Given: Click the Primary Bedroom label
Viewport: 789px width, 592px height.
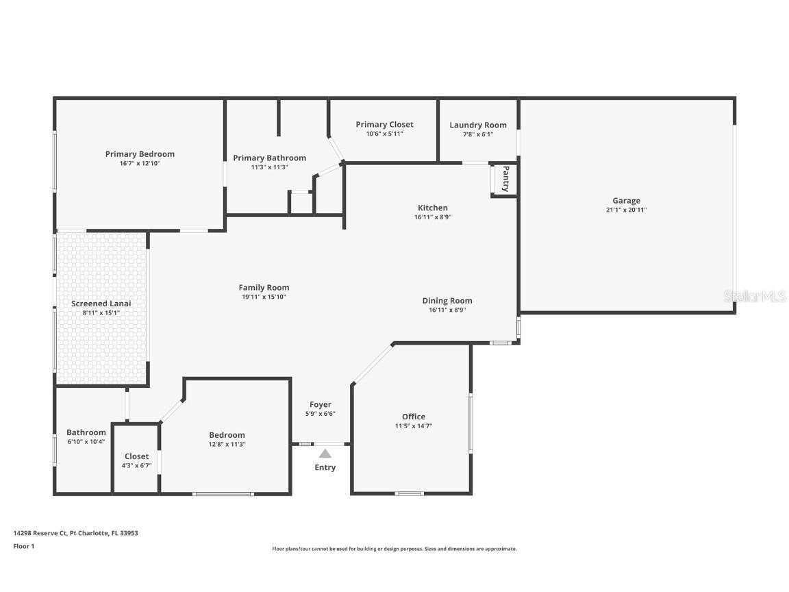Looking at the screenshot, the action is tap(140, 154).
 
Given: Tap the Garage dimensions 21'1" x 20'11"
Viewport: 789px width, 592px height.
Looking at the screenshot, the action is tap(627, 210).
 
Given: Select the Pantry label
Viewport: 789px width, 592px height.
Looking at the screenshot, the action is tap(505, 178).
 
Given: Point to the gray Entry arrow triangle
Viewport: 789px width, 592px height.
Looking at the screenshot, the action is tap(325, 453).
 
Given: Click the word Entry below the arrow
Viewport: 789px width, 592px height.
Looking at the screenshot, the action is tap(325, 467).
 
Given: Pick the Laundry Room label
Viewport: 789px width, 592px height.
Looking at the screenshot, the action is tap(478, 125).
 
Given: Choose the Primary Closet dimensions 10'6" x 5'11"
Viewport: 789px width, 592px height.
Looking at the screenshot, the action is tap(385, 134).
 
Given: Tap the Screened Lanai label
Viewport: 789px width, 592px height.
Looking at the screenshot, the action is tap(101, 304).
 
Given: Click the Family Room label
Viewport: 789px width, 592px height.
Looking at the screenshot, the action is tap(264, 288).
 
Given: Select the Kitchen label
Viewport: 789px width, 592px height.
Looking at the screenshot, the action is tap(433, 208).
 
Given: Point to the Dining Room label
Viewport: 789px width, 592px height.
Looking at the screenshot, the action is tap(447, 301).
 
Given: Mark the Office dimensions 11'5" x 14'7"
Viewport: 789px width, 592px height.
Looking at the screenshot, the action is tap(414, 426).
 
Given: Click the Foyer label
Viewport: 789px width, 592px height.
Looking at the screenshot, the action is tap(321, 404).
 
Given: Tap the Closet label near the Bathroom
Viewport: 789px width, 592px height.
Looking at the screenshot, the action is tap(137, 456).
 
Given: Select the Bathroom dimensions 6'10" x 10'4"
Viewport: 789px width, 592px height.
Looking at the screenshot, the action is tap(86, 441).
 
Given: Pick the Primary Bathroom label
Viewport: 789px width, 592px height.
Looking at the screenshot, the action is tap(270, 158).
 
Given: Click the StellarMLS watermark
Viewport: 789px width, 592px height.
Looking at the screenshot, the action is tap(755, 296).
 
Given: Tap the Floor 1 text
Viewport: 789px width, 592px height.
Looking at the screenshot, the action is tap(24, 546).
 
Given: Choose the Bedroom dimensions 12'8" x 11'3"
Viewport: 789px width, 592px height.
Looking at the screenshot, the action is tap(227, 445).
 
